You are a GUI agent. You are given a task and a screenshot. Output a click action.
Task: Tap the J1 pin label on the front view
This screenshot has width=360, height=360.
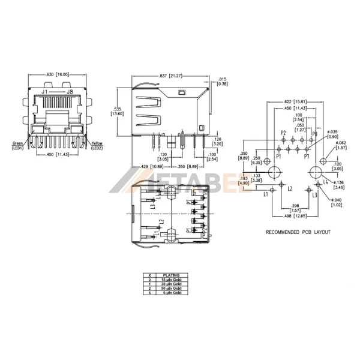pyautogui.click(x=44, y=92)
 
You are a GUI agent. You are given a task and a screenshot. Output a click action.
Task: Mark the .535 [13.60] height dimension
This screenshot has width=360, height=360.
pyautogui.click(x=119, y=111)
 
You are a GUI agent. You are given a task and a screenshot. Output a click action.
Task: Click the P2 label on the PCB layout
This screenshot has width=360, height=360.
pyautogui.click(x=283, y=132)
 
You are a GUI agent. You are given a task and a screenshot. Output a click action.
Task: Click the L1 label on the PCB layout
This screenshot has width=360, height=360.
pyautogui.click(x=265, y=194)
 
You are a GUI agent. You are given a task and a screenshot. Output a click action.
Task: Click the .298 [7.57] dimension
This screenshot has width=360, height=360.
pyautogui.click(x=294, y=208)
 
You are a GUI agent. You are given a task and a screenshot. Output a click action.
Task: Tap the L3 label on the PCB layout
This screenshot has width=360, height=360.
pyautogui.click(x=315, y=195)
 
